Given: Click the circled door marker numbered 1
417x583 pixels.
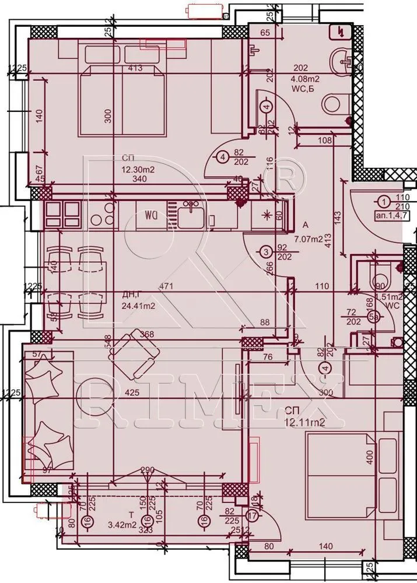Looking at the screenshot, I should (383, 202).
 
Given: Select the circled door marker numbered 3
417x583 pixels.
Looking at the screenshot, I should (266, 252).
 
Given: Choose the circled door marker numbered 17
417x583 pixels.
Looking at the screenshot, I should (252, 515).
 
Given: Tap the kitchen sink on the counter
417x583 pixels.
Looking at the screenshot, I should (191, 216).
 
